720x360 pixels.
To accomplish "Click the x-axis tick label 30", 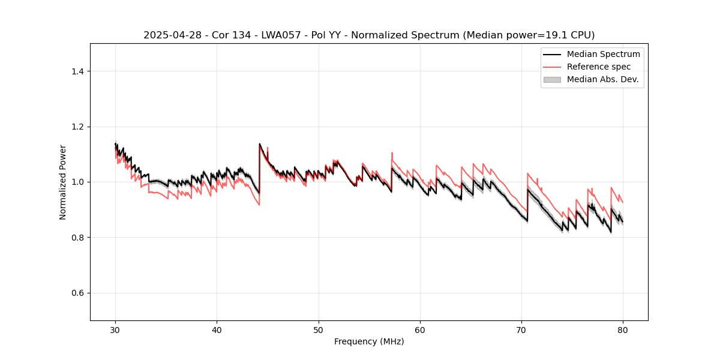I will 115,329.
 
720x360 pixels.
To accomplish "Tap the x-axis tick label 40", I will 217,329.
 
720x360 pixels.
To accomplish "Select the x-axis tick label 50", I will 319,329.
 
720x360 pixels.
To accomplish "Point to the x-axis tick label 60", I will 420,329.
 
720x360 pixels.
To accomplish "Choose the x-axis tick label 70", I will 521,329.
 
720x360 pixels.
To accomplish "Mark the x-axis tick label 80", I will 623,329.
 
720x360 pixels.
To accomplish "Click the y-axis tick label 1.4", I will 77,71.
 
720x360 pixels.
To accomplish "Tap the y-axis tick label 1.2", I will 77,127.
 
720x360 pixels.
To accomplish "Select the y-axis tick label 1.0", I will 77,182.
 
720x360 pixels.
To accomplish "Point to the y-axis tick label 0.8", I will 77,238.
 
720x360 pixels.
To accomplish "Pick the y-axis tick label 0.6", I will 77,293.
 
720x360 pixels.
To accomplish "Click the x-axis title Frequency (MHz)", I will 369,341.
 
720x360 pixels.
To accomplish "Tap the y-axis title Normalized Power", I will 63,182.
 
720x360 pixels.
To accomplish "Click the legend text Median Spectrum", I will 603,54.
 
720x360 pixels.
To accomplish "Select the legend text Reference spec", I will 598,67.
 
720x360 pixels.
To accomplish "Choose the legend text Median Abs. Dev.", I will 602,79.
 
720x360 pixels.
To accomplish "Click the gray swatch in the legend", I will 552,79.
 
